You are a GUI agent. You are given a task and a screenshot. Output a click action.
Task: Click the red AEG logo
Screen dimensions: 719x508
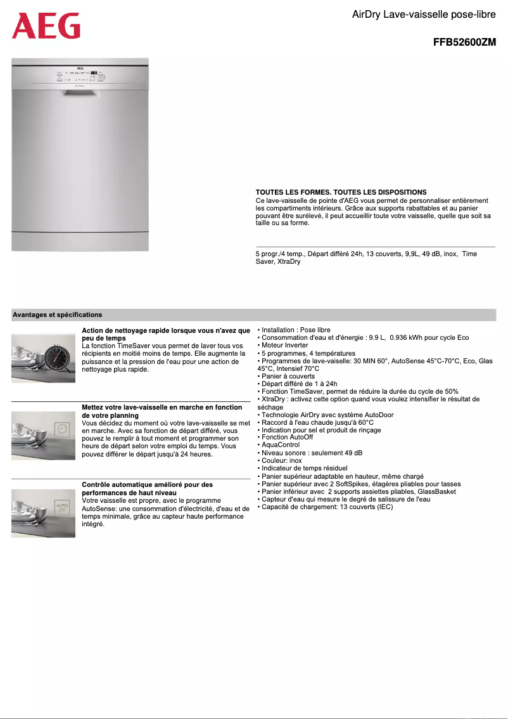46,26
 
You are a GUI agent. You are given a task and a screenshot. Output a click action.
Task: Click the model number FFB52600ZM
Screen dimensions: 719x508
464,43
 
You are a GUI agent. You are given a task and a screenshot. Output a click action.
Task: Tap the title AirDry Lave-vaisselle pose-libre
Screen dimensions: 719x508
424,14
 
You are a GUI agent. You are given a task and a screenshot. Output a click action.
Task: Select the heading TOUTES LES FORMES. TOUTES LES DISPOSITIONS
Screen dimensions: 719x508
341,192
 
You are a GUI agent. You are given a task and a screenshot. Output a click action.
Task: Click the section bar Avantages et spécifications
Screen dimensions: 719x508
58,314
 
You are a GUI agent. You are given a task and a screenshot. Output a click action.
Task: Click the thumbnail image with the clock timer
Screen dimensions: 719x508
43,358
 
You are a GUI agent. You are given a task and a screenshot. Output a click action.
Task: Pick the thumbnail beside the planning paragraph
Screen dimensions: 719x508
43,436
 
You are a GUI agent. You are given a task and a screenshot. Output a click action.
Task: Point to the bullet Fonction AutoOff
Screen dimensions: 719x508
287,437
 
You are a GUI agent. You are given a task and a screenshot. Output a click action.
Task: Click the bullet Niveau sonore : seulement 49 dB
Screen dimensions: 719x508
312,453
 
